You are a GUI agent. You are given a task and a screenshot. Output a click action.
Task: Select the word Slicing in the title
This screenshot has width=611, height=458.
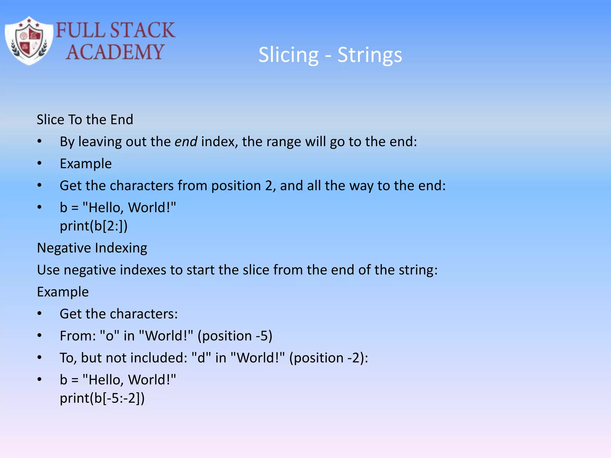[x=288, y=55]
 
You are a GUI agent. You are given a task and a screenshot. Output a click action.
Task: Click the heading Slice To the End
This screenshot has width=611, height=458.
[x=85, y=120]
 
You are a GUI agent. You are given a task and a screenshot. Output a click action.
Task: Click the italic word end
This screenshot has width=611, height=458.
[x=186, y=142]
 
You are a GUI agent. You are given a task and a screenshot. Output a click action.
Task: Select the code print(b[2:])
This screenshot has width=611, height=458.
[x=94, y=226]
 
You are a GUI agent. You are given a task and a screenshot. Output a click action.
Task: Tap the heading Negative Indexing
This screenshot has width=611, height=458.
[x=92, y=248]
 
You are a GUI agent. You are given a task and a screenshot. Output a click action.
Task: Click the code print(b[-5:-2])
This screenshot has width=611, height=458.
[x=102, y=398]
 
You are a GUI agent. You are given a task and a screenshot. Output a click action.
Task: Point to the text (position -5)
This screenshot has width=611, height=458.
[x=235, y=336]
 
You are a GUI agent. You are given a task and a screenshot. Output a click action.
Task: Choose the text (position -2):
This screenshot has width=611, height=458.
[x=328, y=358]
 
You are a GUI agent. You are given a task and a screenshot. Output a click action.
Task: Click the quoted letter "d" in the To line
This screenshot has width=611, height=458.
[x=201, y=358]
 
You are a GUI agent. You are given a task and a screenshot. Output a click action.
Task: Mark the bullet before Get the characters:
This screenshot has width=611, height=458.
[x=39, y=314]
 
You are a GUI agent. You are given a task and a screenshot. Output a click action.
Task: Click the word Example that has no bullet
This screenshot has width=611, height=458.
[x=63, y=292]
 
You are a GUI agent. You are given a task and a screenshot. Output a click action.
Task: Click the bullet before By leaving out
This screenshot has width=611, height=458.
[x=39, y=142]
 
